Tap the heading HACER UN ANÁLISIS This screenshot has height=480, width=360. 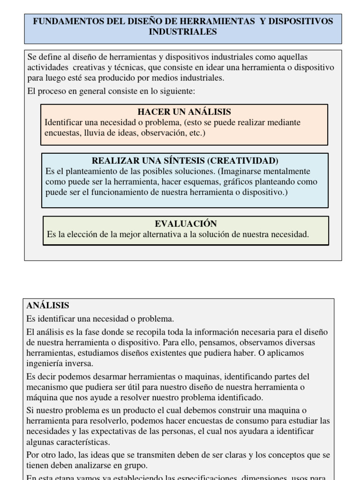(184, 112)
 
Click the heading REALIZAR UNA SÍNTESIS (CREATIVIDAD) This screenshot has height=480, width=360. (185, 160)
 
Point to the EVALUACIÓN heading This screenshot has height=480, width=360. (186, 224)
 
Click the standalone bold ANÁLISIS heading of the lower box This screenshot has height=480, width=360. (48, 306)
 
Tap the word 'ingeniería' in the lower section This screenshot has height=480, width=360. (46, 363)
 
